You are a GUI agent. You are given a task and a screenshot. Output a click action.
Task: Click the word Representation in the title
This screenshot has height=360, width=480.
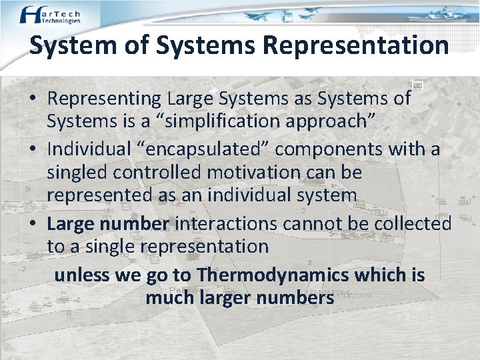tap(355, 45)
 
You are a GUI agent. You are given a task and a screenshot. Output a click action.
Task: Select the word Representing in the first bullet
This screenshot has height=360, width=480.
tap(105, 99)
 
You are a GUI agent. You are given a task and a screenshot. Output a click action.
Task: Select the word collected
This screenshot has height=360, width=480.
tap(413, 223)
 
